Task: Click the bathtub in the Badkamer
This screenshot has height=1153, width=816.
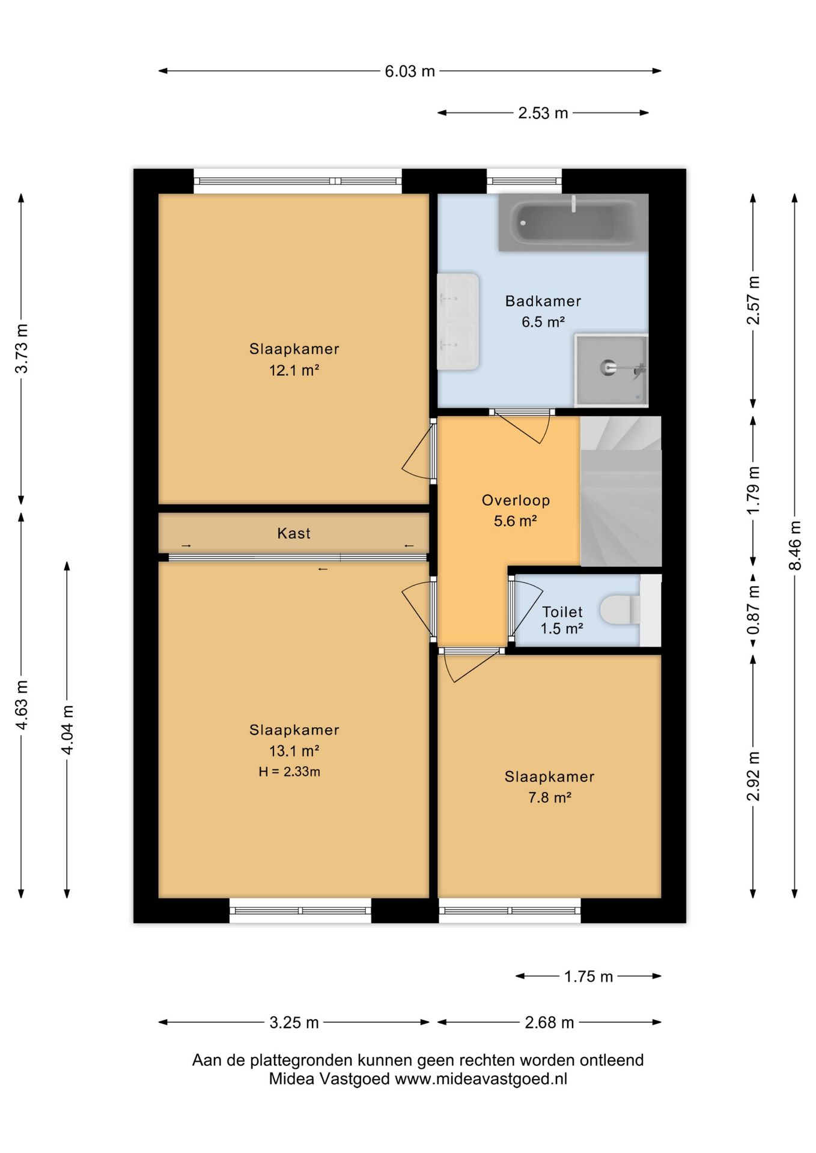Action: coord(573,222)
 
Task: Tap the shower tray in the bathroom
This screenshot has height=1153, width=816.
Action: coord(611,369)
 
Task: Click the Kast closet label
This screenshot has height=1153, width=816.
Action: coord(294,533)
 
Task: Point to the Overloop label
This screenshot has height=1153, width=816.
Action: coord(516,500)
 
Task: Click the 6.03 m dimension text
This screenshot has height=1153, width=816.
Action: coord(410,71)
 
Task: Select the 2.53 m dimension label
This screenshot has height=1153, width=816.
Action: coord(543,113)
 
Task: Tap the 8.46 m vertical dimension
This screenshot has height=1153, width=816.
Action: coord(794,546)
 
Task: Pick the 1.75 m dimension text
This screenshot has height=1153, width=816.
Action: coord(588,976)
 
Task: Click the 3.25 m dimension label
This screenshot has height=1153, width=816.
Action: coord(294,1023)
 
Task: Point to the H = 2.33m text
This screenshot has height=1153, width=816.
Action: coord(289,772)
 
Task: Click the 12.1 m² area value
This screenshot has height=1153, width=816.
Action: coord(294,371)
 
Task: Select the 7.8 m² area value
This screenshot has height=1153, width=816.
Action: coord(549,797)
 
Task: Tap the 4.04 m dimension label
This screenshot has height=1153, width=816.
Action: coord(67,730)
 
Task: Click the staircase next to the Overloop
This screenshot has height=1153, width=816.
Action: coord(621,491)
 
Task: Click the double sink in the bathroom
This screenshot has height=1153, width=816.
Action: coord(458,321)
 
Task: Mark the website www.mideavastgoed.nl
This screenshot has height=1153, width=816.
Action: coord(481,1079)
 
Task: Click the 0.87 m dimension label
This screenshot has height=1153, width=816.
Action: coord(753,610)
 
